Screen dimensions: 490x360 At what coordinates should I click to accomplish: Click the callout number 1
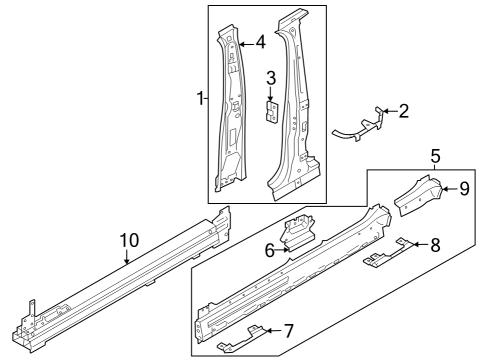point(200,99)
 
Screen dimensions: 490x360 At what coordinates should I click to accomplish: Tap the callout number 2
point(403,111)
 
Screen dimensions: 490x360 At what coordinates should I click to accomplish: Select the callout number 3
point(271,78)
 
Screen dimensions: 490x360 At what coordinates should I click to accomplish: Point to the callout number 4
point(260,43)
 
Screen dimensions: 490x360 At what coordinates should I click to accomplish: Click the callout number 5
point(435,156)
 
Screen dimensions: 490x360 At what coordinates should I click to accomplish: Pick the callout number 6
point(270,251)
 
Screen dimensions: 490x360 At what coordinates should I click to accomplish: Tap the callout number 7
point(288,331)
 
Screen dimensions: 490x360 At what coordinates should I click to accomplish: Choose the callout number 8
point(435,245)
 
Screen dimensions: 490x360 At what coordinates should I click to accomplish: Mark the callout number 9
point(464,189)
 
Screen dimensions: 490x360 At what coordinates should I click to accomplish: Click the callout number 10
point(130,240)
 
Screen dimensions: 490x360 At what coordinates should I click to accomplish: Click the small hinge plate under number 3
point(272,112)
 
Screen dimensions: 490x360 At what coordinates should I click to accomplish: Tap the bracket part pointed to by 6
point(297,232)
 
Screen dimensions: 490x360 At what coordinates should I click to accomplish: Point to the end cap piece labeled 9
point(419,195)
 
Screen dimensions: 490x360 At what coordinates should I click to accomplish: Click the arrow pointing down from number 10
point(127,257)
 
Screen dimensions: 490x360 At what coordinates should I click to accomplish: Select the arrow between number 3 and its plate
point(270,93)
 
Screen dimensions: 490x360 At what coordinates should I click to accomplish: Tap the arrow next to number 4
point(247,44)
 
